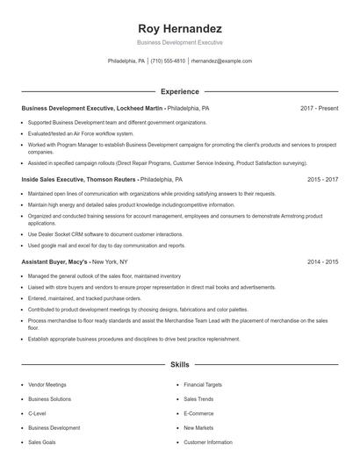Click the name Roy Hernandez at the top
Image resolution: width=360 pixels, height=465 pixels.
click(x=179, y=28)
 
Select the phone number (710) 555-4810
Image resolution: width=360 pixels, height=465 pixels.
click(x=168, y=61)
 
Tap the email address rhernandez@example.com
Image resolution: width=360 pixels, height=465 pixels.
click(x=221, y=61)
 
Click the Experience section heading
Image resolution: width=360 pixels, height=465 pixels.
click(x=179, y=91)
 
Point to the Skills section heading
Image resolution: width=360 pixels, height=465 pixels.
click(x=179, y=363)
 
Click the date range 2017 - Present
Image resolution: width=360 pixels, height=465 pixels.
click(x=320, y=108)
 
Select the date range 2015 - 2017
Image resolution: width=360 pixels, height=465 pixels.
click(x=322, y=179)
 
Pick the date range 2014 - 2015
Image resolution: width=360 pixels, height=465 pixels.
click(x=322, y=261)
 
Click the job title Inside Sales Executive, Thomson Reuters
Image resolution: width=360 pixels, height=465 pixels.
click(x=79, y=179)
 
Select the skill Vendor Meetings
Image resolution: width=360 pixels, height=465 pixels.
click(x=47, y=384)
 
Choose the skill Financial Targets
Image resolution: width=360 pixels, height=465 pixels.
click(x=202, y=384)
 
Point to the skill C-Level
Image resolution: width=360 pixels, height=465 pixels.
click(x=38, y=413)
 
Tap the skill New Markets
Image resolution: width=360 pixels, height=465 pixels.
click(x=198, y=428)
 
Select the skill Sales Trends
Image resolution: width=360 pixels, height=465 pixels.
click(x=198, y=399)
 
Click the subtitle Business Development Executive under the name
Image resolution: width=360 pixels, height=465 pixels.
click(x=179, y=42)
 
